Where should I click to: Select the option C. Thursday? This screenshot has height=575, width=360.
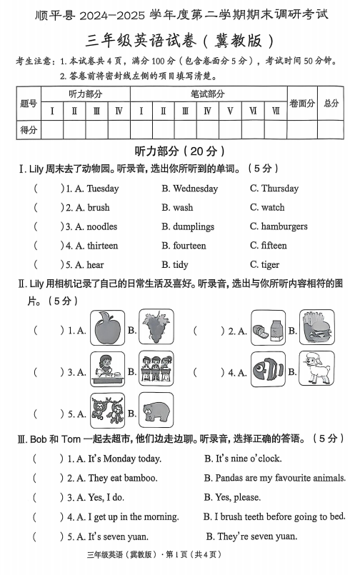tap(274, 189)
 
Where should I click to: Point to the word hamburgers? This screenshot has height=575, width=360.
tap(284, 226)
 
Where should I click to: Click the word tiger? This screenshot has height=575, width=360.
tap(270, 264)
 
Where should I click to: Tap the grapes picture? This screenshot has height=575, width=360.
tap(156, 328)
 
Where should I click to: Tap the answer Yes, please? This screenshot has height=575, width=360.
tap(233, 497)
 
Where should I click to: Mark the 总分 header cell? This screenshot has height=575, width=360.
tap(331, 104)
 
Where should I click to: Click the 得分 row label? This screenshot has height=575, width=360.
tap(29, 129)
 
